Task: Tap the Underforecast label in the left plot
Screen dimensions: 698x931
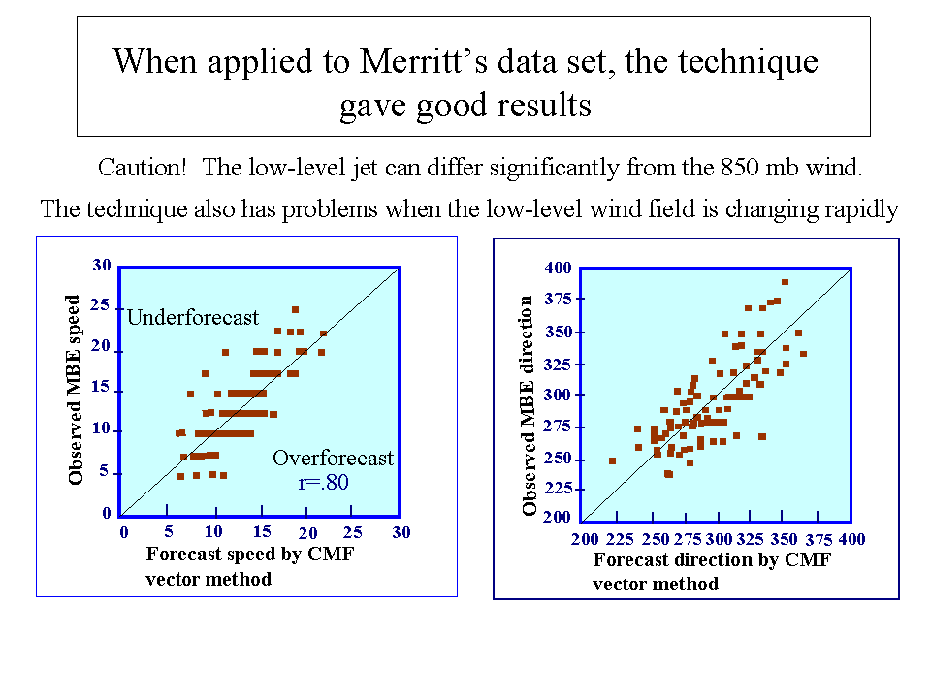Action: (193, 317)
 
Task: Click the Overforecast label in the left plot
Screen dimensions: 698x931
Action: (334, 458)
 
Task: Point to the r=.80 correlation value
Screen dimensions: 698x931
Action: (324, 482)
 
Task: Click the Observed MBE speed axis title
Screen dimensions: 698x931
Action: (75, 391)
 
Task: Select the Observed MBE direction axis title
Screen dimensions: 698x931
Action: (529, 406)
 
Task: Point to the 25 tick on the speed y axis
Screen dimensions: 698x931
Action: (100, 304)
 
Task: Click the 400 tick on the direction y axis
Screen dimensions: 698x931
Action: (559, 268)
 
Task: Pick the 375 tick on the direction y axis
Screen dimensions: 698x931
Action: (559, 299)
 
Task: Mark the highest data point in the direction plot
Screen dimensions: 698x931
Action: (785, 282)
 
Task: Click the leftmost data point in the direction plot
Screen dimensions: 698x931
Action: (612, 460)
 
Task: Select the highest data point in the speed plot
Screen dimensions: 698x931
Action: (295, 310)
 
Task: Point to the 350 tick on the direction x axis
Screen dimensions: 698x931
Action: (785, 539)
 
